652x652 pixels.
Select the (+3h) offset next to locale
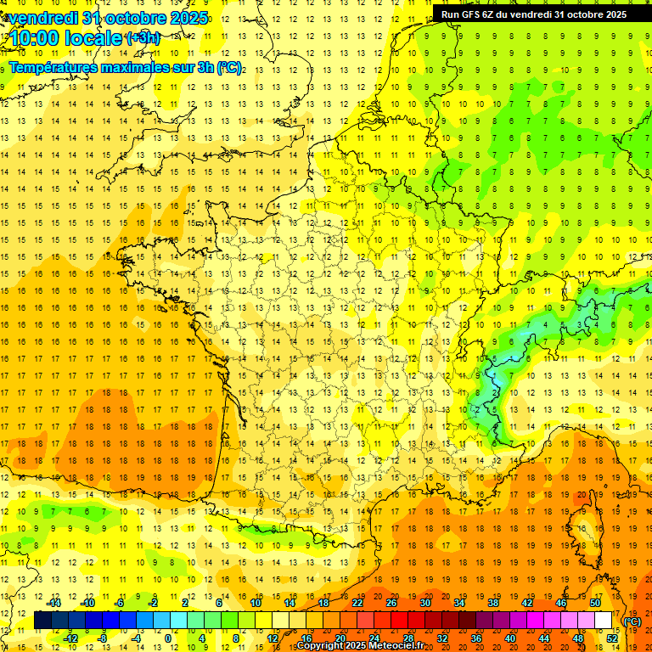142,37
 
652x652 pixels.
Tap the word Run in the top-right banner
451,14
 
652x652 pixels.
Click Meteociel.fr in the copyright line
402,646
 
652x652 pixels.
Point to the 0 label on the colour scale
168,638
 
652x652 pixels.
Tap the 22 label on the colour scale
357,603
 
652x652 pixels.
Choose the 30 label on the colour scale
425,603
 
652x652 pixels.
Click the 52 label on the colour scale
612,638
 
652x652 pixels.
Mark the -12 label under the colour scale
71,638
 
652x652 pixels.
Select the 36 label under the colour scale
476,638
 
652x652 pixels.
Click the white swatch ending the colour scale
604,621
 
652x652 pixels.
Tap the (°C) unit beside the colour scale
632,621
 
